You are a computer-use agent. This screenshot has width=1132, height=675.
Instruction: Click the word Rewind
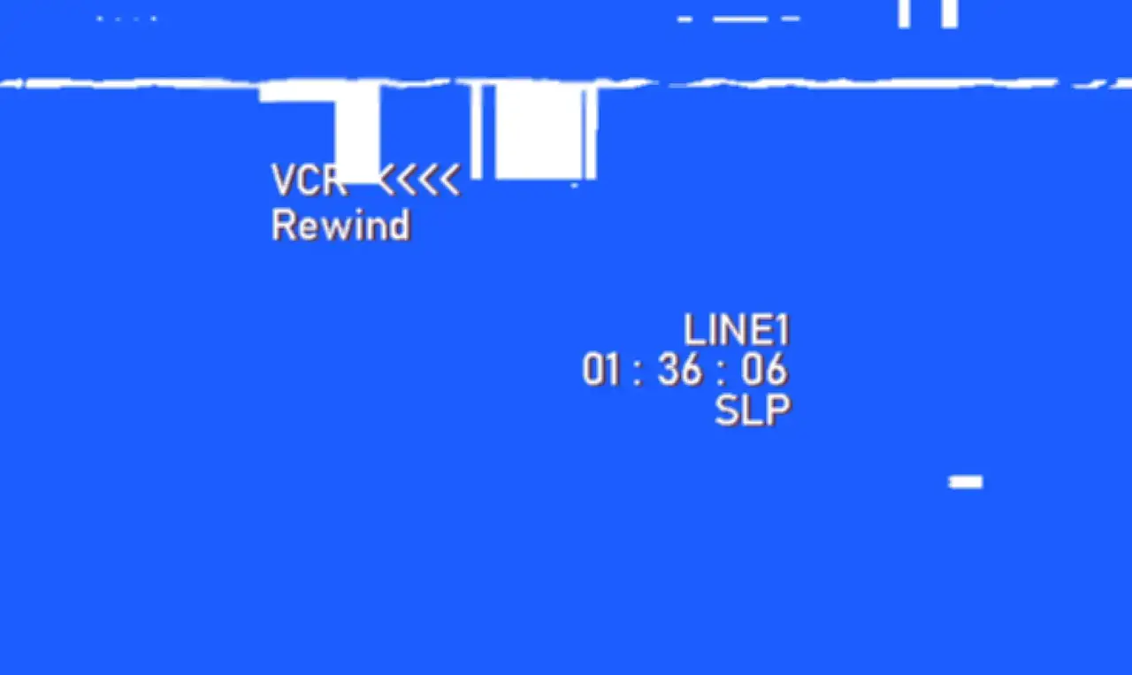point(341,226)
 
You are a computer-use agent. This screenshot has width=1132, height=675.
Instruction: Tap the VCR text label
point(310,180)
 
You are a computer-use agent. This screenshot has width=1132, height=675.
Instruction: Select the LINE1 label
point(737,329)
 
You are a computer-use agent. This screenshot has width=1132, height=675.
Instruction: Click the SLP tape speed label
point(753,410)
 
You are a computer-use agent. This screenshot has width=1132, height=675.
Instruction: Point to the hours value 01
point(600,370)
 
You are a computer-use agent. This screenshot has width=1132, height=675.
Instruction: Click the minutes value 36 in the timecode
point(680,370)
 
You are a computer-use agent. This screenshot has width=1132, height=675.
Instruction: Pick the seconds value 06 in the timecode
point(764,370)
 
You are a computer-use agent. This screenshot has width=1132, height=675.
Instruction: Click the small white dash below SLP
point(966,482)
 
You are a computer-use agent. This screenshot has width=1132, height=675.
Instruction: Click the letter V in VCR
point(283,180)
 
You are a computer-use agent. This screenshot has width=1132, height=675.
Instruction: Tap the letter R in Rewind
point(283,226)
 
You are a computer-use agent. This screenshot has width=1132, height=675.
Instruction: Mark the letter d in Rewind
point(399,226)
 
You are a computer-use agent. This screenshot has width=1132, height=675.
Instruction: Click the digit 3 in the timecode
point(668,370)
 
